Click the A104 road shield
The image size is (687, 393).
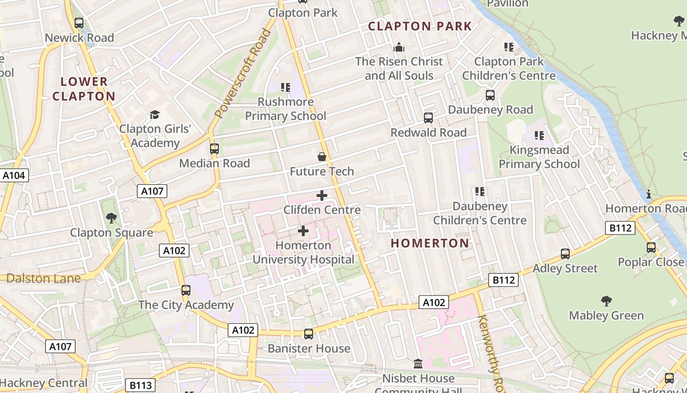[15, 175]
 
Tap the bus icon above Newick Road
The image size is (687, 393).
[79, 23]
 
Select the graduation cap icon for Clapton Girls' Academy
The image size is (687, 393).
[155, 115]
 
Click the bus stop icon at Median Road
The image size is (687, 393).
[214, 149]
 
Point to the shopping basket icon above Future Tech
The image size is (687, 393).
[322, 157]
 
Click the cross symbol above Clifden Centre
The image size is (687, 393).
[322, 196]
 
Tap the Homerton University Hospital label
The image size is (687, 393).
[303, 252]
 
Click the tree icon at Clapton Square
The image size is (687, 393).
[111, 218]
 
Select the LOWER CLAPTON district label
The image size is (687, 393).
[84, 89]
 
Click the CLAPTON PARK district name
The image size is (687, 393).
[420, 27]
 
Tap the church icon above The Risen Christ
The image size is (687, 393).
[399, 47]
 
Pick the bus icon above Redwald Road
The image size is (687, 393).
[428, 118]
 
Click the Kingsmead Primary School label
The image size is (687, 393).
[539, 157]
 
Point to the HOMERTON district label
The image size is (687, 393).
[430, 243]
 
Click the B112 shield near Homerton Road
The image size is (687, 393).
[620, 228]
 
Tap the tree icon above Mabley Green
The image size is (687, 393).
[607, 301]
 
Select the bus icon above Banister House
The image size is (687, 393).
[309, 334]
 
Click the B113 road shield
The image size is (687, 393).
[141, 386]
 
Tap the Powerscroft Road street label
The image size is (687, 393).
[242, 74]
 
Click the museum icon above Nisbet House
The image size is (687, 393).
[418, 364]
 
